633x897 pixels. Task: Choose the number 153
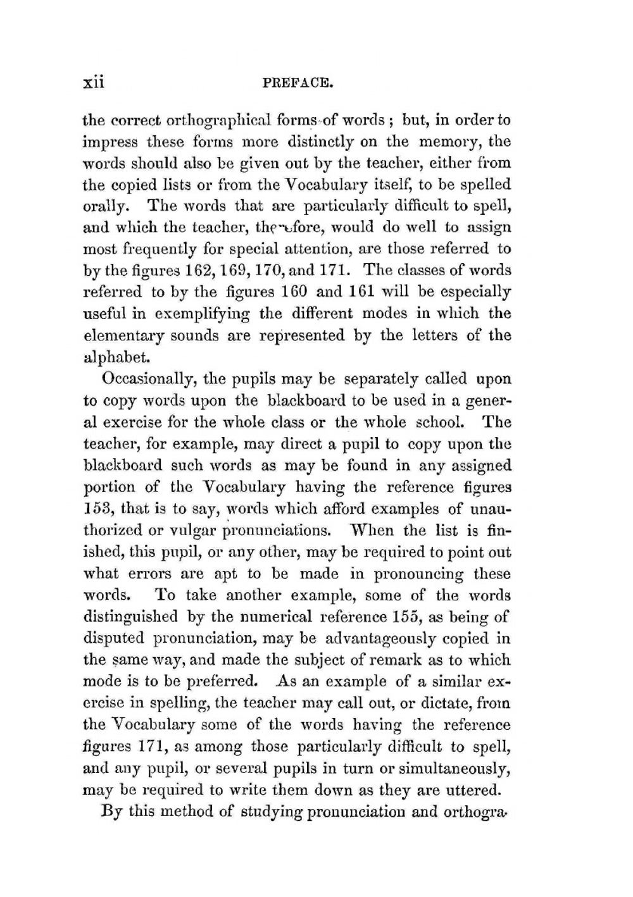97,509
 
